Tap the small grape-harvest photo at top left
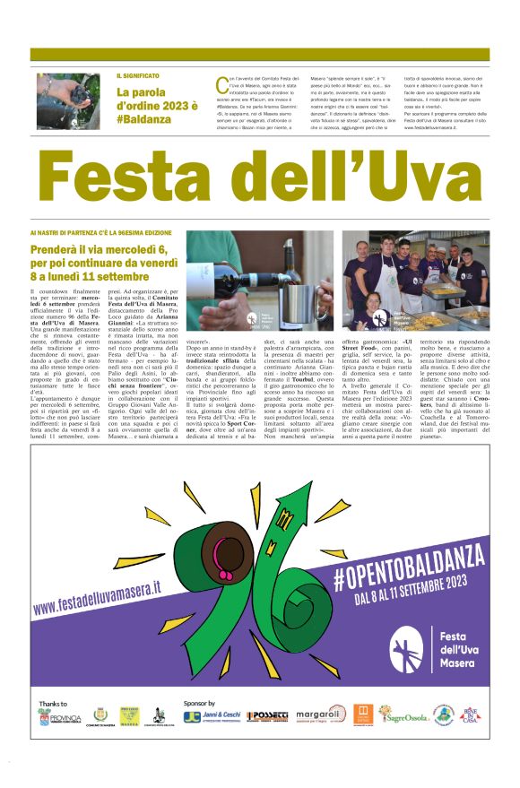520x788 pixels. pyautogui.click(x=68, y=100)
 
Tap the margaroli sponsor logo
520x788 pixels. pyautogui.click(x=319, y=715)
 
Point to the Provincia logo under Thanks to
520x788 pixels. pyautogui.click(x=59, y=717)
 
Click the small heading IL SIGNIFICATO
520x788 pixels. pyautogui.click(x=137, y=76)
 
